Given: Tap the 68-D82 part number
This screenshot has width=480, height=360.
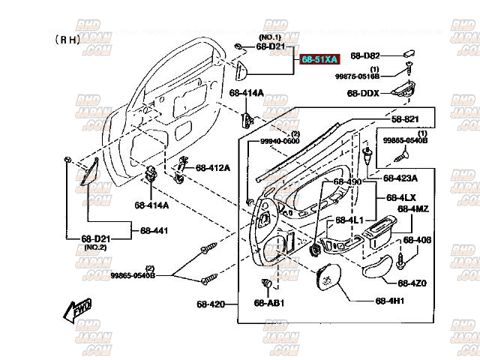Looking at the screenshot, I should [365, 56].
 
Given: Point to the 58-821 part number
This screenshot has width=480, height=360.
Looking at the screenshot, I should [405, 119].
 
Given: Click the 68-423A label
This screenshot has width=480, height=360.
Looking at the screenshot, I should [401, 178].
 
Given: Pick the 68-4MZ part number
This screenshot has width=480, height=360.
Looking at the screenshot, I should [413, 209].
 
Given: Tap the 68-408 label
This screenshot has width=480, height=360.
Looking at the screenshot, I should [417, 240].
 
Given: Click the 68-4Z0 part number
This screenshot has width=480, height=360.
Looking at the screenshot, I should [412, 283].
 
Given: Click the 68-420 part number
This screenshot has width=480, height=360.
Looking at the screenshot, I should [211, 304].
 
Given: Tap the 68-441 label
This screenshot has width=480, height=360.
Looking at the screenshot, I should [154, 230].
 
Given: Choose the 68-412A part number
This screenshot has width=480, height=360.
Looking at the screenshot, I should [214, 167].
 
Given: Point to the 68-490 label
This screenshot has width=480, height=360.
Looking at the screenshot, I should [347, 182].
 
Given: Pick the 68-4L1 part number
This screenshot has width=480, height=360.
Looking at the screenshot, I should [349, 220].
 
